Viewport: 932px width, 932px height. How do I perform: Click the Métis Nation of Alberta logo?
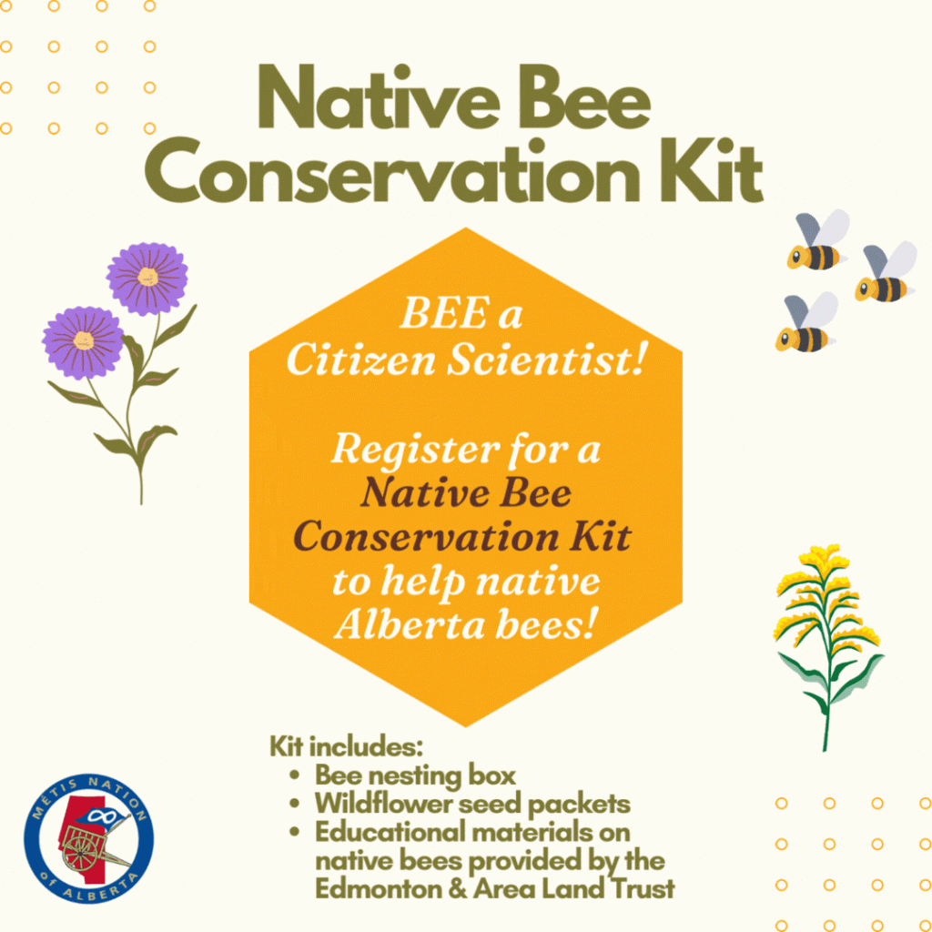pyautogui.click(x=88, y=838)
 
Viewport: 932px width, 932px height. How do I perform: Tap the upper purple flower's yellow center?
pyautogui.click(x=147, y=277)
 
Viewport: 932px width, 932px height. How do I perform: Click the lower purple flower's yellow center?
pyautogui.click(x=83, y=340)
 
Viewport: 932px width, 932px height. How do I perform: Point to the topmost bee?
pyautogui.click(x=818, y=240)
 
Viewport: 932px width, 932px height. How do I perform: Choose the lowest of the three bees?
pyautogui.click(x=807, y=322)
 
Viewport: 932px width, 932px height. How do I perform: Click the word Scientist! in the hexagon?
pyautogui.click(x=545, y=360)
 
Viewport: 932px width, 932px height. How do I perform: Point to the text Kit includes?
pyautogui.click(x=346, y=746)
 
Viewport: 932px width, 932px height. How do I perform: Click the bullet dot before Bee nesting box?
pyautogui.click(x=294, y=776)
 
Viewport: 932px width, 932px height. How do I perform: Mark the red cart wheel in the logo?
pyautogui.click(x=80, y=846)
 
